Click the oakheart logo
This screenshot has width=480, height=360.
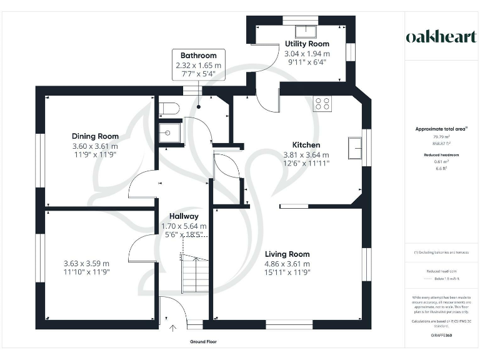coord(442,37)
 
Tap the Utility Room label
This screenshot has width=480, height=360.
coord(307,44)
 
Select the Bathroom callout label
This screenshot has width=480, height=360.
coord(199,56)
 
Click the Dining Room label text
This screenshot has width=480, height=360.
coord(95,136)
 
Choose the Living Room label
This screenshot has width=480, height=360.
coord(287,254)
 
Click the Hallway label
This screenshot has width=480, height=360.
coord(184,216)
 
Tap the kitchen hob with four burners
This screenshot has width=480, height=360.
coord(323,104)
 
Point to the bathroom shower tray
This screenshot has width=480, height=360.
coord(169,132)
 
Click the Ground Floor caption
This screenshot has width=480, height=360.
coord(203,342)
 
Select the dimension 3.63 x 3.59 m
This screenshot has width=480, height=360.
coord(86,263)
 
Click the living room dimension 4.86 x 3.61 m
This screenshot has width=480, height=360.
coord(287,263)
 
